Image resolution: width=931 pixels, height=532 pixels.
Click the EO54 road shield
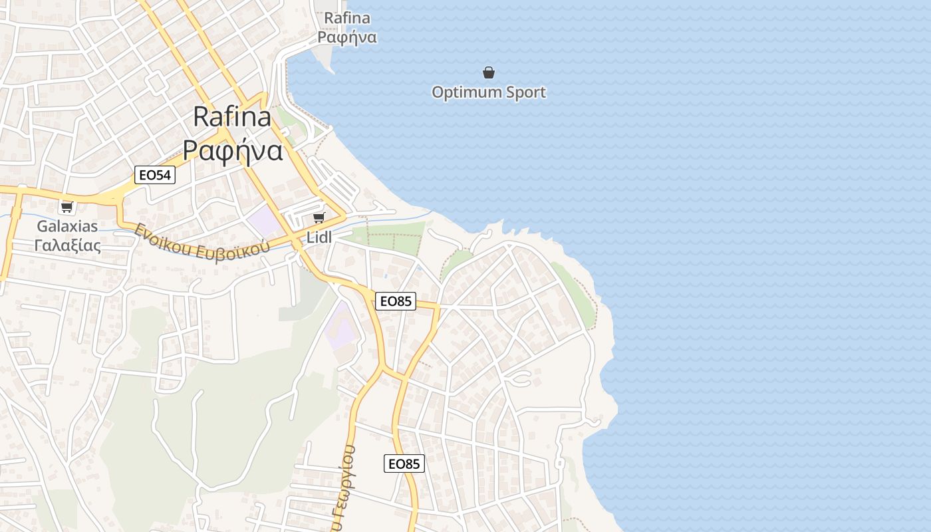[155, 175]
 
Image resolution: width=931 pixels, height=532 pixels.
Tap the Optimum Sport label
[489, 92]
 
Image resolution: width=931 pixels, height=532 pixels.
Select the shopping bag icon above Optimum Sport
[489, 72]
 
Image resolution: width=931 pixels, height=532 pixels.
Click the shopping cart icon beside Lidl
[319, 217]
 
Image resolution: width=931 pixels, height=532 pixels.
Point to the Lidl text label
[319, 237]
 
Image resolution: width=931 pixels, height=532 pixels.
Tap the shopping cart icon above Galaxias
[66, 207]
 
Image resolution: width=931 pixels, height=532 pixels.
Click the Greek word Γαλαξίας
[67, 245]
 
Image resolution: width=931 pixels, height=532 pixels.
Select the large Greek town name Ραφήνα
[233, 151]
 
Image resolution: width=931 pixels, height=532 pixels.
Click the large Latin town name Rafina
[232, 117]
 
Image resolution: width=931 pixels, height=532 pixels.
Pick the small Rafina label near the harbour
[347, 18]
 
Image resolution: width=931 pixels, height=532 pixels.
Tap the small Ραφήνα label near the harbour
[347, 37]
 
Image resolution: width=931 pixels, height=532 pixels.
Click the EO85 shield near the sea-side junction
[395, 301]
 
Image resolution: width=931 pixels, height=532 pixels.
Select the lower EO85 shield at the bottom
[404, 464]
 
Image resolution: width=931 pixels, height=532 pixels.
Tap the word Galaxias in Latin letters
[67, 226]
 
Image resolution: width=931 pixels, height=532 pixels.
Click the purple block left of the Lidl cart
[265, 220]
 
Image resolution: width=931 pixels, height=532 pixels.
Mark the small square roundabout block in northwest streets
[156, 83]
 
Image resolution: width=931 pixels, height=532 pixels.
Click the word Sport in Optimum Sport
[525, 92]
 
